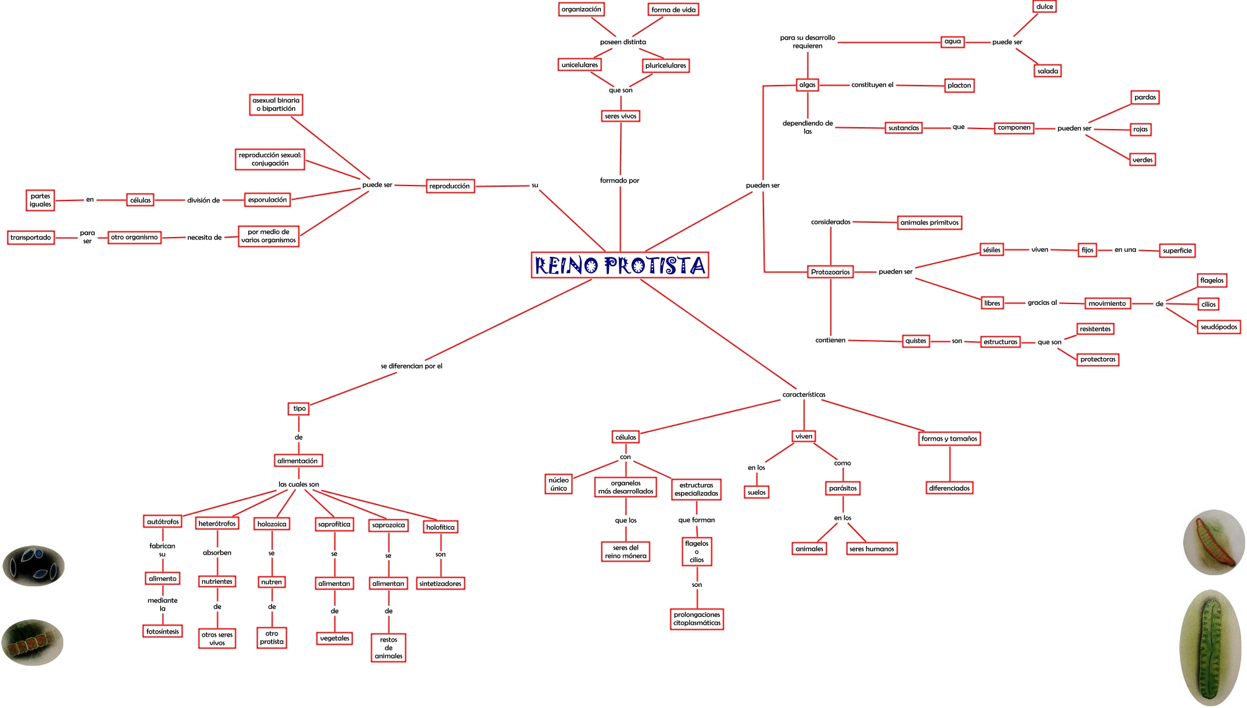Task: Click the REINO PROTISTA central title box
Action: pyautogui.click(x=619, y=265)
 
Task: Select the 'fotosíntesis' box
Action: pyautogui.click(x=163, y=631)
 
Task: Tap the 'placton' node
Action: pyautogui.click(x=959, y=86)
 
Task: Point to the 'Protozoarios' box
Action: pyautogui.click(x=830, y=272)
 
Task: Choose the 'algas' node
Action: pyautogui.click(x=807, y=85)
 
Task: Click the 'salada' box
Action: pyautogui.click(x=1047, y=71)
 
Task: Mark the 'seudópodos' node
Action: pyautogui.click(x=1218, y=327)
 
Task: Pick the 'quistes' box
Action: pyautogui.click(x=916, y=341)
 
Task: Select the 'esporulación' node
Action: pyautogui.click(x=268, y=200)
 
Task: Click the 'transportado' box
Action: pyautogui.click(x=31, y=238)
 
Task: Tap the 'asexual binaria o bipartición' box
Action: pyautogui.click(x=276, y=104)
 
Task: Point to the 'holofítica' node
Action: pyautogui.click(x=440, y=527)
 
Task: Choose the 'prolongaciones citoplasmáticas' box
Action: pyautogui.click(x=697, y=619)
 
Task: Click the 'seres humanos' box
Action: pyautogui.click(x=871, y=549)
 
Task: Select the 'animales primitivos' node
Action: pyautogui.click(x=929, y=223)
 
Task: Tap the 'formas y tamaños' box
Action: pyautogui.click(x=949, y=439)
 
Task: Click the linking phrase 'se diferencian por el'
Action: pyautogui.click(x=412, y=366)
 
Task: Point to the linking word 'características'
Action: pyautogui.click(x=804, y=395)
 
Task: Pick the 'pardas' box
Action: pyautogui.click(x=1145, y=97)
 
